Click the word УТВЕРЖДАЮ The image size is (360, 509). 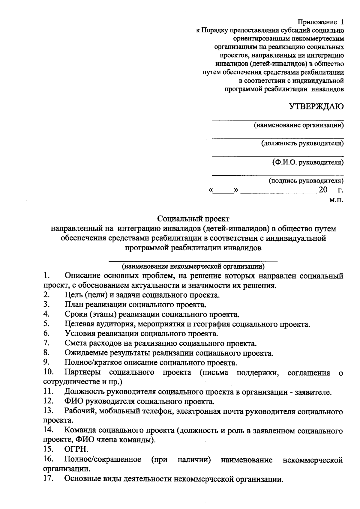(316, 107)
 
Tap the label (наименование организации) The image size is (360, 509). (298, 125)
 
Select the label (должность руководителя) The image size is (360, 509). (302, 143)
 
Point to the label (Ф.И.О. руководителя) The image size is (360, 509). (308, 162)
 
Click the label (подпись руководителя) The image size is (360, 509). (306, 180)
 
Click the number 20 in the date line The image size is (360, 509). (323, 190)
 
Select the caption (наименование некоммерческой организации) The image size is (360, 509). (193, 266)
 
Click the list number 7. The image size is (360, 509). (46, 343)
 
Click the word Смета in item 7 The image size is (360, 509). (75, 344)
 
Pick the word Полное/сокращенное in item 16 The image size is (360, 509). (103, 460)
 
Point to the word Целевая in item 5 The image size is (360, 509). (79, 324)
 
